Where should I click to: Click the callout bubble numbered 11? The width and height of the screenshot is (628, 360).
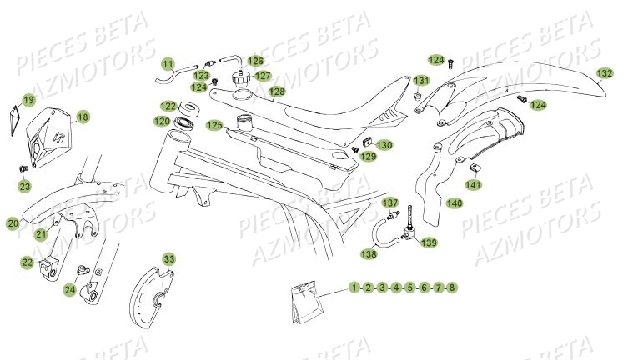168,64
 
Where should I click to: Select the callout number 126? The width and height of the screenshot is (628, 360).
255,61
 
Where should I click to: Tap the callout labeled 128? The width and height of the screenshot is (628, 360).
276,91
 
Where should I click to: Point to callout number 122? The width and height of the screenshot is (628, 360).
168,107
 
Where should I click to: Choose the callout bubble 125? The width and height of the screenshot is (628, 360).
214,126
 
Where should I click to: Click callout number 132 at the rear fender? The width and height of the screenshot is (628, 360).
604,73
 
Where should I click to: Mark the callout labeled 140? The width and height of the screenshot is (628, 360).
454,202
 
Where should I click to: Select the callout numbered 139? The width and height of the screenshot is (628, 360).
429,242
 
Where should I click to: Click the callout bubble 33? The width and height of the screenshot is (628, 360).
169,258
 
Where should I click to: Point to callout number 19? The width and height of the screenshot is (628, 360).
28,100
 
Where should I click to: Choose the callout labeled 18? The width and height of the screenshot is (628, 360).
83,117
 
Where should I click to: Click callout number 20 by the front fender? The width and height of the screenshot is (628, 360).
13,223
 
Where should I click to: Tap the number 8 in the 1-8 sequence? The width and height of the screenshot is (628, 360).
452,287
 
